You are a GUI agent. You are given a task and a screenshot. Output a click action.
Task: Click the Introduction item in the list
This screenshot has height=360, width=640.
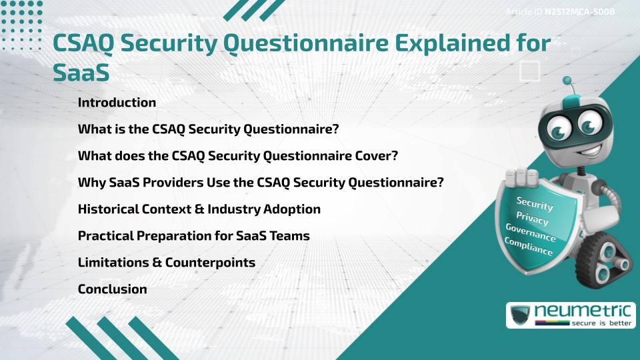tap(117, 103)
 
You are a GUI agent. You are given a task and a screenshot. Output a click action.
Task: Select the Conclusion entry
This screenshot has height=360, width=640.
tap(112, 289)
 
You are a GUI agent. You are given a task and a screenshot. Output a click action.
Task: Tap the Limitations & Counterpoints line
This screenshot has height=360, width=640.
tap(167, 263)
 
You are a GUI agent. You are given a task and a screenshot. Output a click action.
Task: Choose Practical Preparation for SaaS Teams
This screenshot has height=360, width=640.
tap(193, 236)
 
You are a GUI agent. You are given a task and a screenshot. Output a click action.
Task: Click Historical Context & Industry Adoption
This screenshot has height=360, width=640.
tap(199, 209)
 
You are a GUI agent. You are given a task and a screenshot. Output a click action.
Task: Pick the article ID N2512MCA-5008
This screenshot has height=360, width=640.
tap(579, 12)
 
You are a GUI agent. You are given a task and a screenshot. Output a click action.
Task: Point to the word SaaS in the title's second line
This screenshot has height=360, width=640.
tap(81, 73)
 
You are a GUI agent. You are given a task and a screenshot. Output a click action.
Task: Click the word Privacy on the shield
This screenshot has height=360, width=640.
tap(532, 218)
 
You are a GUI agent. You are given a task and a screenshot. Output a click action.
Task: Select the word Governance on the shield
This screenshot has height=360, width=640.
tap(531, 233)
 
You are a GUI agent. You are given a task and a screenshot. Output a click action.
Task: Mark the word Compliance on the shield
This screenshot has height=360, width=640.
tap(529, 246)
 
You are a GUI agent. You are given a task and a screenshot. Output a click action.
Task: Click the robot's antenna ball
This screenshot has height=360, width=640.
tap(568, 81)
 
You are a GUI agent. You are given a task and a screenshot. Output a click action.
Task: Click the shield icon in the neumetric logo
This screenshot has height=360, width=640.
tap(520, 315)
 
